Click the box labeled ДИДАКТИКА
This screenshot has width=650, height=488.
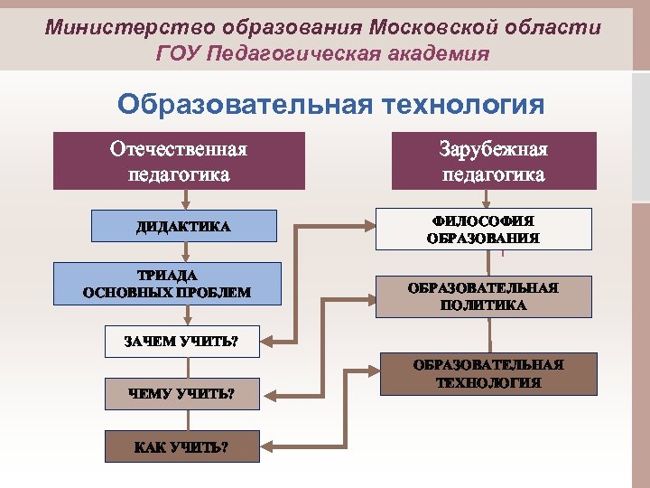click(x=183, y=226)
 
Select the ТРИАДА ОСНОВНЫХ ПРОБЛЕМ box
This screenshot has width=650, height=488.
click(x=166, y=284)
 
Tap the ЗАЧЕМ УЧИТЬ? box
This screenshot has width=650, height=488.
click(x=181, y=341)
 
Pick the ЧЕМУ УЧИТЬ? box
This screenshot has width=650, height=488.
click(x=181, y=393)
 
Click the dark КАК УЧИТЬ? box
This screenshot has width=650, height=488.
click(x=181, y=446)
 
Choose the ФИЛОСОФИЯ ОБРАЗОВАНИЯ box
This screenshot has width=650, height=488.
click(x=483, y=230)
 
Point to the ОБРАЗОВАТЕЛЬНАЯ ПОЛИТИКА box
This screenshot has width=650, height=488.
click(x=483, y=296)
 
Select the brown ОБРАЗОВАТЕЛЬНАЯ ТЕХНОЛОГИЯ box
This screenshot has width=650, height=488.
click(x=487, y=374)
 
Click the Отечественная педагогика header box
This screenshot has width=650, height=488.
click(x=178, y=161)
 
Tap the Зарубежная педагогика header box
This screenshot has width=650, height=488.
click(x=494, y=161)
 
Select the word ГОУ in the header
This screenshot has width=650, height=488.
click(x=178, y=54)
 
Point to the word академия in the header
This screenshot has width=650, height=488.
click(x=441, y=54)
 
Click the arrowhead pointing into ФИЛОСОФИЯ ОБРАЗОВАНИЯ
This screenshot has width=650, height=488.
click(x=370, y=229)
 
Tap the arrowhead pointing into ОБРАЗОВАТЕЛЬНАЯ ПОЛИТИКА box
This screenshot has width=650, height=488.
click(x=370, y=296)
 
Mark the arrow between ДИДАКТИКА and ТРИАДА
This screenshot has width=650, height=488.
click(x=187, y=252)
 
